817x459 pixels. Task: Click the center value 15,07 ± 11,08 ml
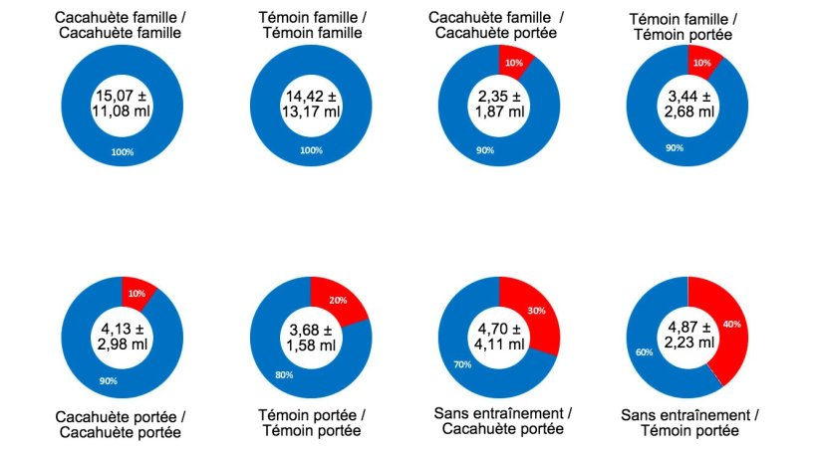121,103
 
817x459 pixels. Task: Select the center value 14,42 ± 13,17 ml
310,103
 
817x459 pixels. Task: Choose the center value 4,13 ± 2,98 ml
121,331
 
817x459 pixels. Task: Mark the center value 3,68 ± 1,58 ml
310,331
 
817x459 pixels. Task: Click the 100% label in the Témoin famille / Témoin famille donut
311,151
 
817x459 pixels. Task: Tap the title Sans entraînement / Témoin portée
685,422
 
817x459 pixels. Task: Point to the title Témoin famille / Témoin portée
685,27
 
